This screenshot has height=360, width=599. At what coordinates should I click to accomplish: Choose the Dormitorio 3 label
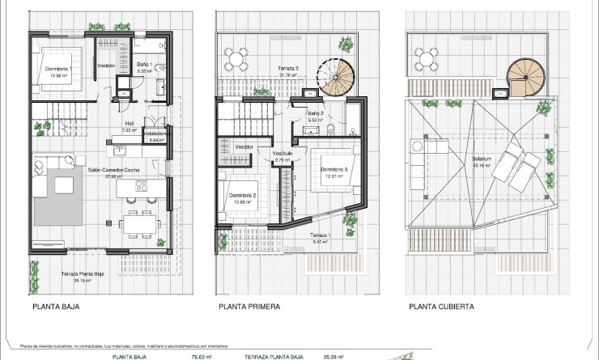click(334, 169)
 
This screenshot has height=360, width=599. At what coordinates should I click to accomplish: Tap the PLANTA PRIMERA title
click(249, 307)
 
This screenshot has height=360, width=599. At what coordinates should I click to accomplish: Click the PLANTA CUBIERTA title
click(441, 307)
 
